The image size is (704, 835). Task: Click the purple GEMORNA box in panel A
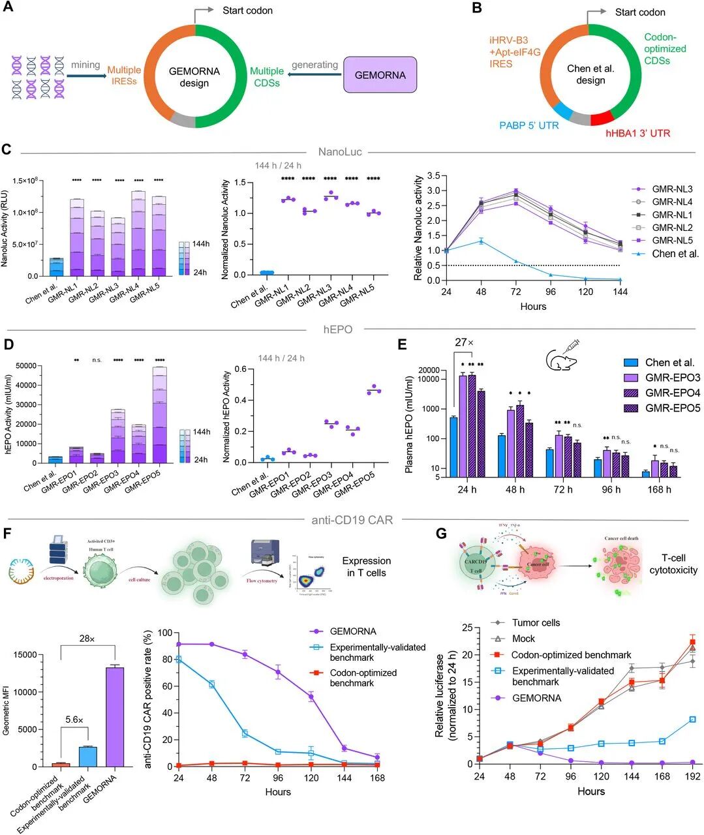[380, 75]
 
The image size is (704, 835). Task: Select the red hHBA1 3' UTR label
[630, 133]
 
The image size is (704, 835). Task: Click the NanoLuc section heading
[339, 152]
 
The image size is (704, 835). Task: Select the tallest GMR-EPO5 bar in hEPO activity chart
[155, 415]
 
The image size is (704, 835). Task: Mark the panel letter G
[441, 534]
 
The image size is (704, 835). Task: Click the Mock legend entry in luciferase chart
[523, 639]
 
